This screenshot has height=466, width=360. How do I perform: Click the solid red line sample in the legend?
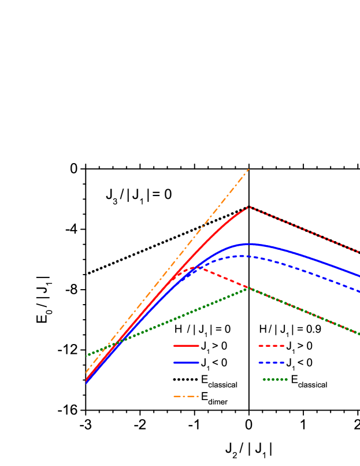pyautogui.click(x=186, y=346)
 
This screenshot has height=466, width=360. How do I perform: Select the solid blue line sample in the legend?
pyautogui.click(x=186, y=363)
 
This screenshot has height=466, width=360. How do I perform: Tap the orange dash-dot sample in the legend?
pyautogui.click(x=186, y=397)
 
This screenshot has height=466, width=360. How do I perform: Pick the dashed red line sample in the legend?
pyautogui.click(x=271, y=346)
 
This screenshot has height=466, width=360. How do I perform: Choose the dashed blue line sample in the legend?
pyautogui.click(x=271, y=363)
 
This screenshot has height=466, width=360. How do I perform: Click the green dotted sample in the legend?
pyautogui.click(x=275, y=380)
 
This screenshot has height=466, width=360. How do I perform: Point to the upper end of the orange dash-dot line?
pyautogui.click(x=248, y=169)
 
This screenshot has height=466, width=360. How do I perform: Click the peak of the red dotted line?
pyautogui.click(x=248, y=206)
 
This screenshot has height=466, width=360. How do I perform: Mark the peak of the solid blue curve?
pyautogui.click(x=248, y=244)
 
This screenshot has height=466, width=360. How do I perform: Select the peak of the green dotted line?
pyautogui.click(x=248, y=288)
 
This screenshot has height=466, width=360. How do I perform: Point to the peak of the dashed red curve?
pyautogui.click(x=193, y=268)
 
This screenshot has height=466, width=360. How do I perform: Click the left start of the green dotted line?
pyautogui.click(x=87, y=356)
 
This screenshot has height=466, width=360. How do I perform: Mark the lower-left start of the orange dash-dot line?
pyautogui.click(x=86, y=372)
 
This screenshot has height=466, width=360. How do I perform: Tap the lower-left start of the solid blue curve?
pyautogui.click(x=86, y=382)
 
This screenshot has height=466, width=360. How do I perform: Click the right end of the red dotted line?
pyautogui.click(x=359, y=252)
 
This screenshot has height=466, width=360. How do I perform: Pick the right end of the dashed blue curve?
pyautogui.click(x=359, y=291)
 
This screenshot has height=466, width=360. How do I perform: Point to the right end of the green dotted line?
pyautogui.click(x=359, y=334)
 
